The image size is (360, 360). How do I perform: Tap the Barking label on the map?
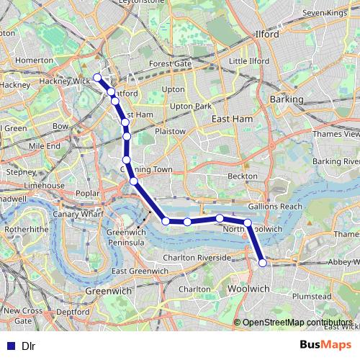tap(287, 98)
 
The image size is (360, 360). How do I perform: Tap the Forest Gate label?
tap(170, 63)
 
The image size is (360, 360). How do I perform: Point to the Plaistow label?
tap(170, 132)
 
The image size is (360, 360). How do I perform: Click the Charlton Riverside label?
tap(197, 257)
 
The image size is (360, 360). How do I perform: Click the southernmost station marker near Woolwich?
tap(263, 263)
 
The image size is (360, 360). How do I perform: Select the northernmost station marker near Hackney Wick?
tap(97, 77)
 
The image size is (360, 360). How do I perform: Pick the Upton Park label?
tap(191, 106)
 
